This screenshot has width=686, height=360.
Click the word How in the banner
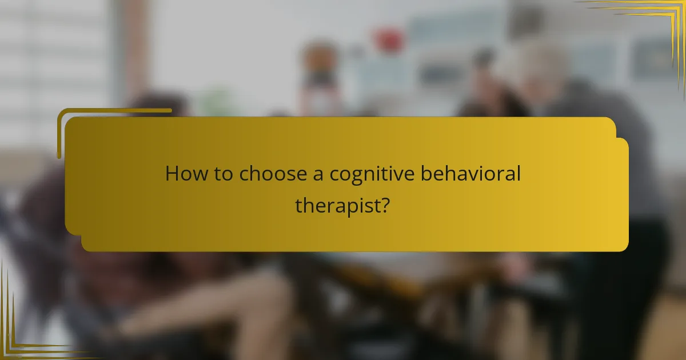(x=183, y=174)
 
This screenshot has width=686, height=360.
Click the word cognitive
(x=373, y=174)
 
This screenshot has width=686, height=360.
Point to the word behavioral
(x=471, y=174)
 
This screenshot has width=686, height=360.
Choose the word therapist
(x=337, y=205)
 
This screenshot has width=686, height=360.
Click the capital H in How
(x=171, y=174)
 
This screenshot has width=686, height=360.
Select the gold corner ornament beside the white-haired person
(x=657, y=23)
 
